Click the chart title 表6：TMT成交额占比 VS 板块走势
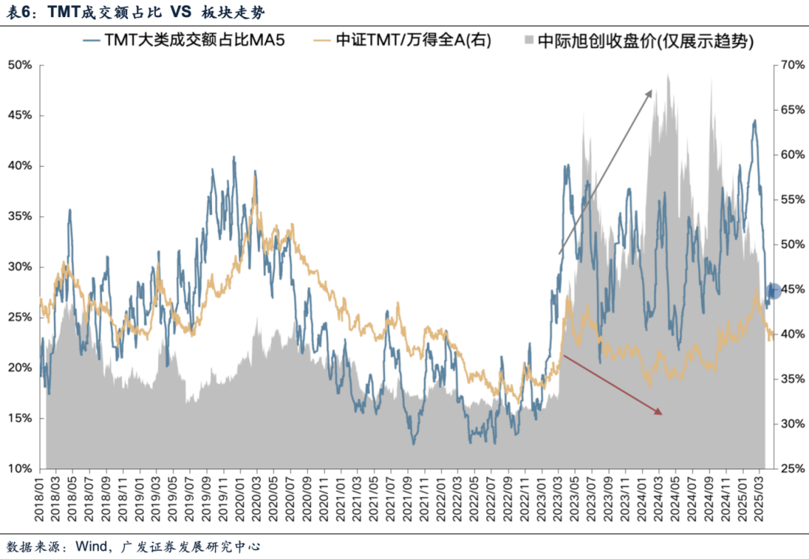click(135, 13)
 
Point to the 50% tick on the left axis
click(19, 65)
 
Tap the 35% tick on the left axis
click(19, 216)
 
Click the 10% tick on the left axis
click(19, 468)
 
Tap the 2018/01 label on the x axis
click(41, 498)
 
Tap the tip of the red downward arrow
click(662, 412)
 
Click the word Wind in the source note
click(89, 547)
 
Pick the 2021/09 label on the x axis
click(407, 498)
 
